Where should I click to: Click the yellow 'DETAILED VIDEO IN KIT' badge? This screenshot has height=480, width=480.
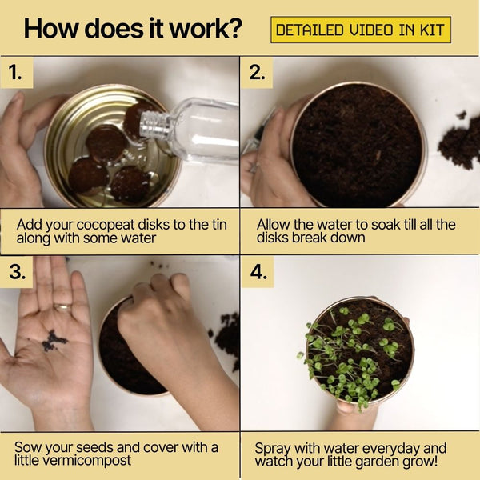coord(361,30)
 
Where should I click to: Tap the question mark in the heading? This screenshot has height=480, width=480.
coord(234,28)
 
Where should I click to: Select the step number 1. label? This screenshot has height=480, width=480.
coord(15,73)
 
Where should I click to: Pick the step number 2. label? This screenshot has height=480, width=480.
coord(257,73)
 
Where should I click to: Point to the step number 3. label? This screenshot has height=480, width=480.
coord(18,271)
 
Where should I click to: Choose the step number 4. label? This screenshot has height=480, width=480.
coord(258,271)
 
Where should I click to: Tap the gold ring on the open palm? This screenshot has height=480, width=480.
coord(62,307)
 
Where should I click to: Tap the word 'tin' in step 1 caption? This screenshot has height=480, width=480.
coord(219,224)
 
